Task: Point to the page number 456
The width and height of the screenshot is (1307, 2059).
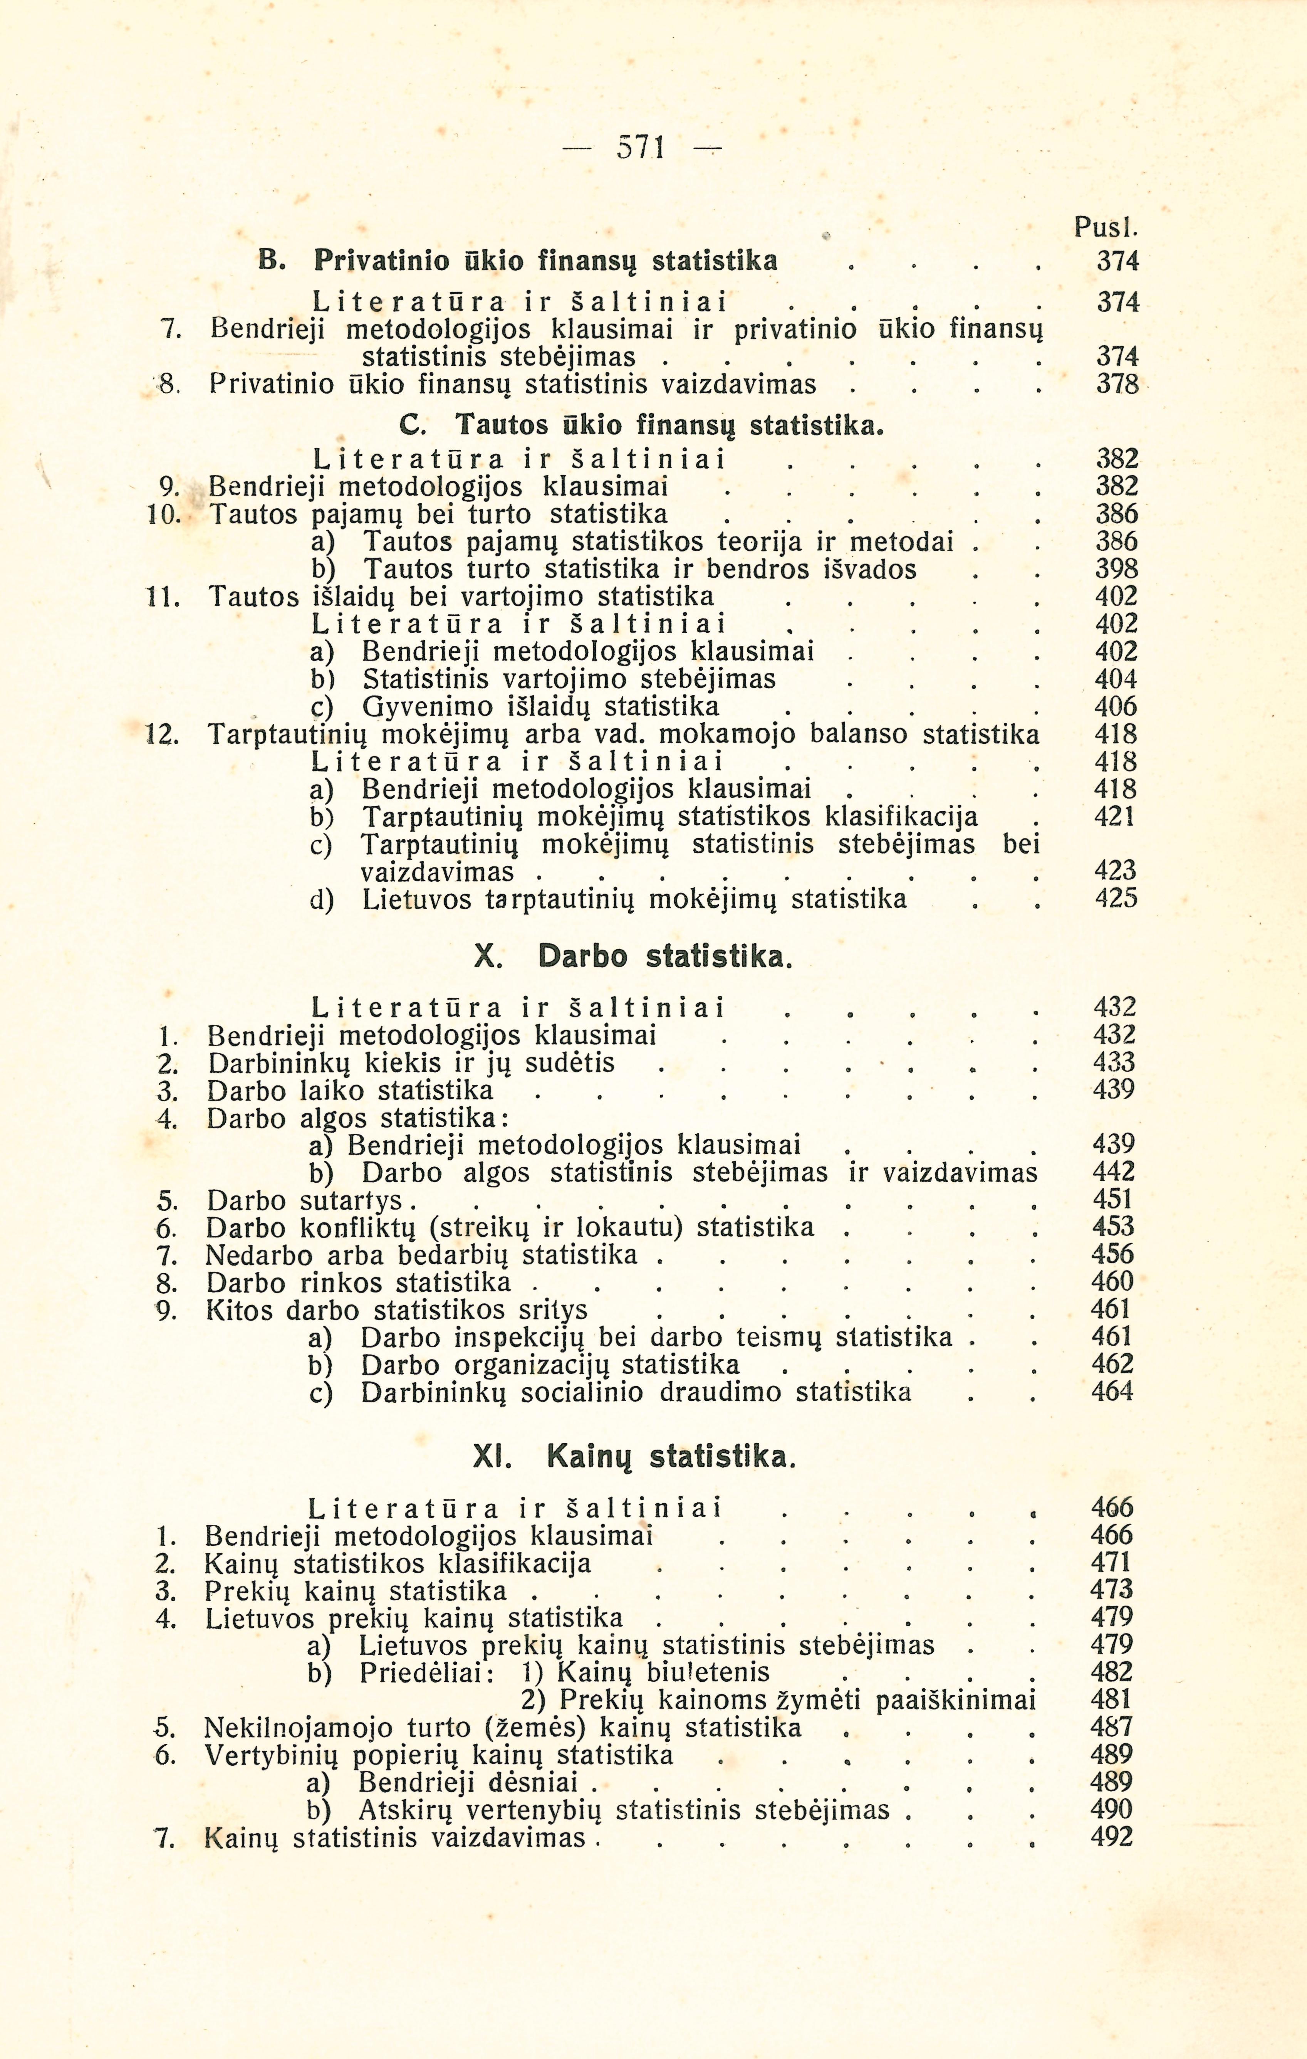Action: [x=1113, y=1254]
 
